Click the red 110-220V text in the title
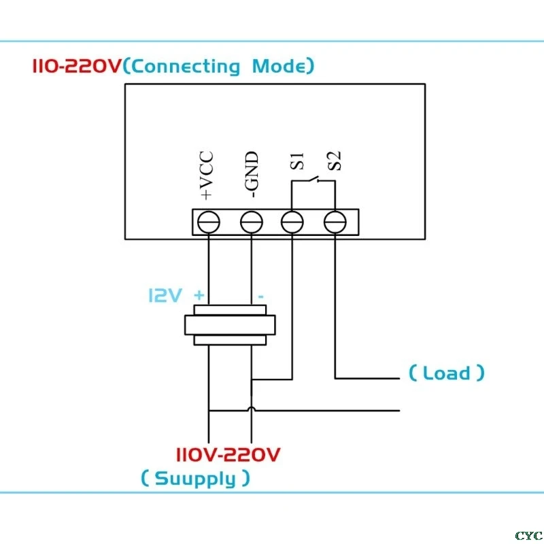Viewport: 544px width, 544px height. tap(77, 67)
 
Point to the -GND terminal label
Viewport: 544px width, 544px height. tap(252, 175)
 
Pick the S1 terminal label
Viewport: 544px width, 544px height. tap(294, 162)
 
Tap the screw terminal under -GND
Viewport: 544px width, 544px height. tap(252, 222)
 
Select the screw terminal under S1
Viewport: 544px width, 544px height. tap(292, 222)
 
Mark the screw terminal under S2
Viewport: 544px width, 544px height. tap(335, 222)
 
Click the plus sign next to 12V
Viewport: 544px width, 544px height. tap(199, 296)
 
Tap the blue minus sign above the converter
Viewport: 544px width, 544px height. tap(260, 297)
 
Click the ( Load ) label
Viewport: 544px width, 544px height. tap(447, 373)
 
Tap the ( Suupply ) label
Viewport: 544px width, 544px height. tap(195, 478)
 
